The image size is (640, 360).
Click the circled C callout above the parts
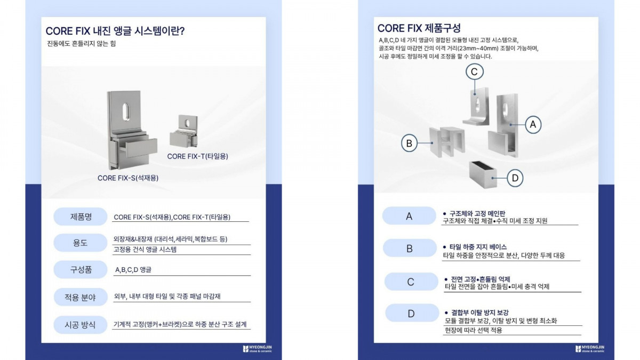[x=474, y=71]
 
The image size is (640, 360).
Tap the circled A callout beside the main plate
[x=533, y=125]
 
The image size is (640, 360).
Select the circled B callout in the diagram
[x=409, y=143]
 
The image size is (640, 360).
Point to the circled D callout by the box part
[x=515, y=178]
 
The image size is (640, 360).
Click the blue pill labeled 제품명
[x=81, y=217]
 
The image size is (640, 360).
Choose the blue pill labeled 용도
[x=81, y=243]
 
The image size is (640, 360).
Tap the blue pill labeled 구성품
[x=81, y=269]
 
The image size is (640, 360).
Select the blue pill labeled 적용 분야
[x=81, y=297]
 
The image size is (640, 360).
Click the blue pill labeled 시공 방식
[x=81, y=325]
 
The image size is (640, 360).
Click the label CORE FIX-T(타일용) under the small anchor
[x=197, y=156]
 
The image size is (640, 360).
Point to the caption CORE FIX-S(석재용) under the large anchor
[x=128, y=178]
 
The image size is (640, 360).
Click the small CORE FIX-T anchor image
[x=183, y=131]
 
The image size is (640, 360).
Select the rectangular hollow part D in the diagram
[x=483, y=174]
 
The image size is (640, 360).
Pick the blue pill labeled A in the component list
[x=409, y=216]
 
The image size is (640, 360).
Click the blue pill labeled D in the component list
[x=412, y=313]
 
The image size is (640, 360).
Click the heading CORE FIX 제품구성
[x=419, y=28]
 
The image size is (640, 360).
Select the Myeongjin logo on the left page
[x=257, y=349]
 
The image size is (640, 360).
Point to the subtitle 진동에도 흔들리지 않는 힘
[x=81, y=44]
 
